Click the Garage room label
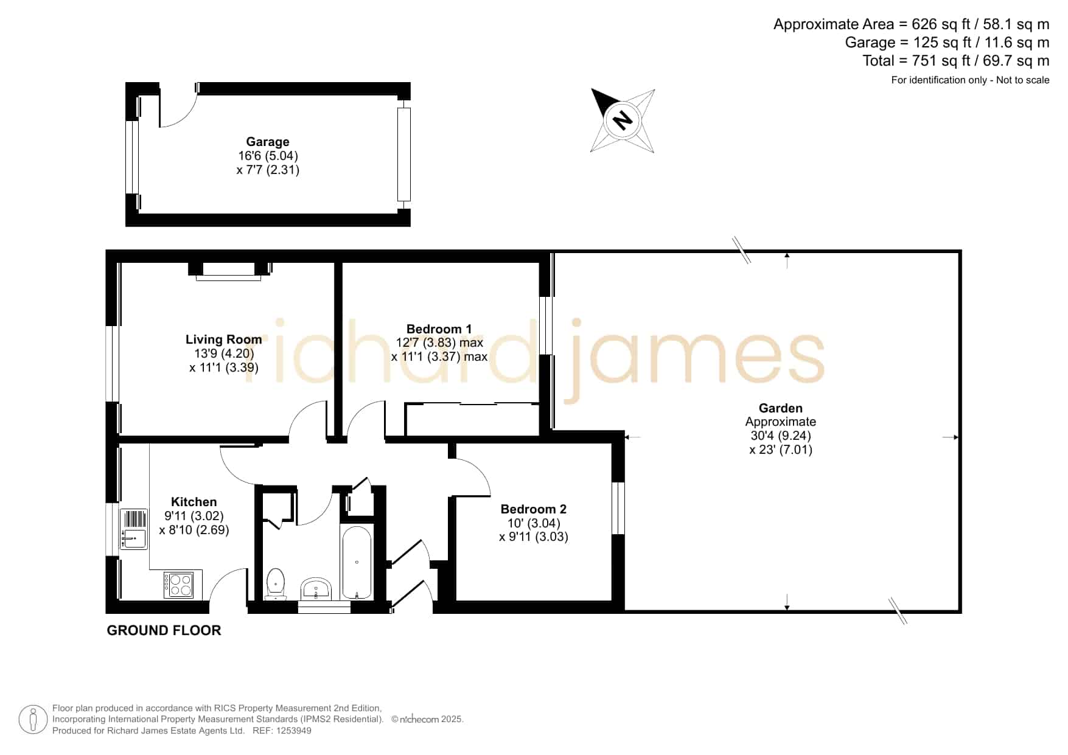(x=268, y=142)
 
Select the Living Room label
(x=224, y=339)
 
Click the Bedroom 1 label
(x=439, y=329)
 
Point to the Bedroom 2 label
(x=534, y=509)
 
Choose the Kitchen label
(x=194, y=502)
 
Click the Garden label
(x=781, y=408)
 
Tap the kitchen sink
(x=134, y=529)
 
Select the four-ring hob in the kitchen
(x=178, y=585)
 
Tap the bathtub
(x=357, y=563)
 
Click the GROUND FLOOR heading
(x=164, y=630)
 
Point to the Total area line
(x=955, y=61)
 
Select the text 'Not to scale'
(x=1022, y=80)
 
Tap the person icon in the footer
(x=33, y=720)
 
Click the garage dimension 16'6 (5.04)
(x=268, y=156)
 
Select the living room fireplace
(x=228, y=270)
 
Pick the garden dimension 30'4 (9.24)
(x=781, y=436)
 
